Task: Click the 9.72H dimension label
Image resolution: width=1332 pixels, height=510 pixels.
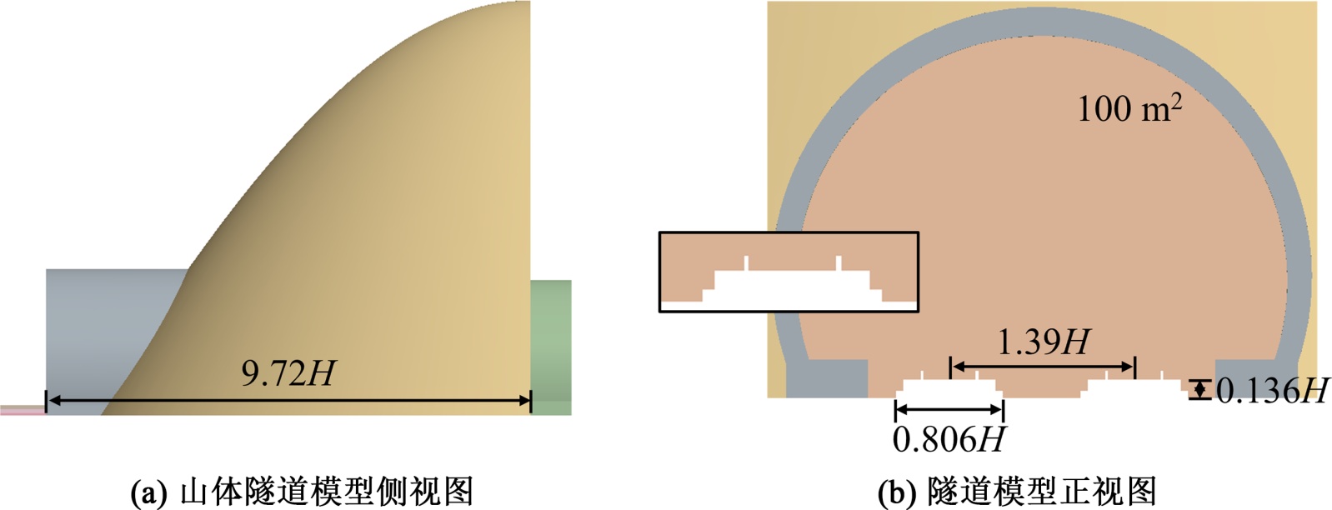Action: [x=288, y=374]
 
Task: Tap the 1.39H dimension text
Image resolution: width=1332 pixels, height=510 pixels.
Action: [x=1044, y=342]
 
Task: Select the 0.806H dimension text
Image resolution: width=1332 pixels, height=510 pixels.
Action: [x=949, y=439]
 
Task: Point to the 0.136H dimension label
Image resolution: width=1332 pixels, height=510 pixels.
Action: [x=1271, y=390]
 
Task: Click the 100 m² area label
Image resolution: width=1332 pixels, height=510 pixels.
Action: [x=1129, y=108]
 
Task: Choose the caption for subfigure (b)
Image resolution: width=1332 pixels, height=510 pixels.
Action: [x=1018, y=492]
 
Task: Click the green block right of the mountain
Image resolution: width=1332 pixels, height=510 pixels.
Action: [x=551, y=346]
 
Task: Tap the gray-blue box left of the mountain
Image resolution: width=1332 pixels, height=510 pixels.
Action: [x=108, y=325]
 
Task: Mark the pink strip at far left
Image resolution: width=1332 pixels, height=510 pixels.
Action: [x=22, y=409]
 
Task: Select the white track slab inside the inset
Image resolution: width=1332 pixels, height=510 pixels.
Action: [x=792, y=287]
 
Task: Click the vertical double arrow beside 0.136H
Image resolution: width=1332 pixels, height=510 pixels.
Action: [x=1199, y=390]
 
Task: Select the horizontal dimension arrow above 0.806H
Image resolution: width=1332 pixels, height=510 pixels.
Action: [x=949, y=409]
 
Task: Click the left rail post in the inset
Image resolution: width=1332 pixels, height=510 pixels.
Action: [x=746, y=263]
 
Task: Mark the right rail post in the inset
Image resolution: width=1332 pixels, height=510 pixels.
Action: [x=838, y=263]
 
